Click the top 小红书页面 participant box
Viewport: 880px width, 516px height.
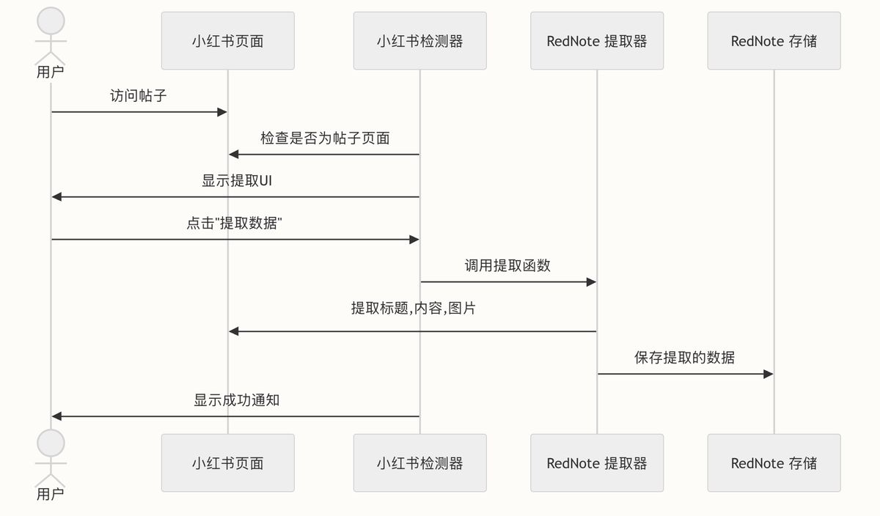click(227, 41)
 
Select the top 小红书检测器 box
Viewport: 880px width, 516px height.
click(419, 41)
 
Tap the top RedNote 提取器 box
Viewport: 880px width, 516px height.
click(597, 41)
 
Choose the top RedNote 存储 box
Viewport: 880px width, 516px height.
click(774, 41)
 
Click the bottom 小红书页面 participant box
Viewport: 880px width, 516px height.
click(227, 462)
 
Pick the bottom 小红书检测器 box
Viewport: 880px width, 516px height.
click(419, 462)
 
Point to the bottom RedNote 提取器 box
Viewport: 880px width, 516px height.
click(597, 462)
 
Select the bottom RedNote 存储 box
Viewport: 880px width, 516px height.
click(774, 462)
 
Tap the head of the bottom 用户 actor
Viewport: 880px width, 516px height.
click(51, 443)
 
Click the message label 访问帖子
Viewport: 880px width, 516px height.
click(139, 95)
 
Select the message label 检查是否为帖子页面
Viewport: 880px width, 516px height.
click(324, 138)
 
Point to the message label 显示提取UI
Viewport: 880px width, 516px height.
click(236, 180)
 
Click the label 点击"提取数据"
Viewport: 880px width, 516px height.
click(235, 223)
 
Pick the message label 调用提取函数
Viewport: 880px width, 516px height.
click(507, 265)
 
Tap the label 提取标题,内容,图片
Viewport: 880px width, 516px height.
click(413, 308)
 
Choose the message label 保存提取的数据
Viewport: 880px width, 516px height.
click(684, 358)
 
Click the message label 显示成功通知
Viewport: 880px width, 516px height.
click(236, 400)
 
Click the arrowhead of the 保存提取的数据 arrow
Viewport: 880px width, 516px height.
click(769, 374)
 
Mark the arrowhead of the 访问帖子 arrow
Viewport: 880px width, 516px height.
click(222, 111)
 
